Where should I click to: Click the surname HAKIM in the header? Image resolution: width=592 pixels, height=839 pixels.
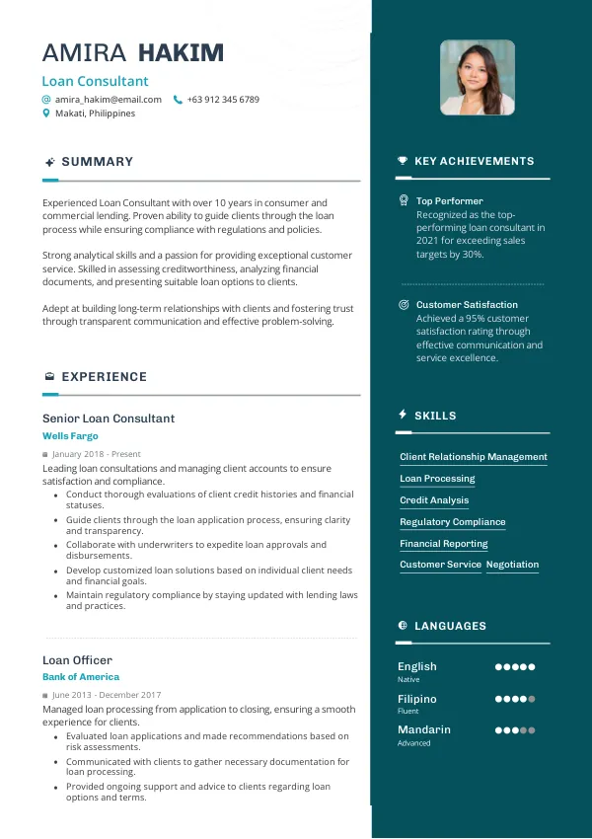point(181,53)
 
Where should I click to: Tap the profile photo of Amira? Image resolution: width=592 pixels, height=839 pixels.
point(478,77)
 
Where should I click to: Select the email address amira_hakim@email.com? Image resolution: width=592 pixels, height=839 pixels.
point(109,100)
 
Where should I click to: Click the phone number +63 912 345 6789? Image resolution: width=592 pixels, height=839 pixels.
point(223,100)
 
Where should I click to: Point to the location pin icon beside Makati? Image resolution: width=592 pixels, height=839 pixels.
point(46,114)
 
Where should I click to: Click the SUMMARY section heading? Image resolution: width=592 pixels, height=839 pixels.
point(97,162)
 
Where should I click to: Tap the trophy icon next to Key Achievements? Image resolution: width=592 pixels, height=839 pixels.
point(403,161)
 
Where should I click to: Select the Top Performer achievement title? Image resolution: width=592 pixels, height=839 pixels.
point(449,200)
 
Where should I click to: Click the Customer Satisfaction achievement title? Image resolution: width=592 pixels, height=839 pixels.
point(467,305)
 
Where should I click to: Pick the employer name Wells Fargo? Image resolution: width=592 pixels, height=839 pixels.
point(70,435)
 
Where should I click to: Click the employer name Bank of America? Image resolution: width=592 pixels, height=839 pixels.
point(81,677)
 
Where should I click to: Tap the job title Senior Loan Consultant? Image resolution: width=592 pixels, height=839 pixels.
point(109,419)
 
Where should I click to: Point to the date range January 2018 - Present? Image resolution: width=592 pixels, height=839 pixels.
point(97,454)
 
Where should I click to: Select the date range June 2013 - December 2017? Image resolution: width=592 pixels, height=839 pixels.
point(107,696)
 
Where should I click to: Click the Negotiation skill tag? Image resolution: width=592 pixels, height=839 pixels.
point(512,565)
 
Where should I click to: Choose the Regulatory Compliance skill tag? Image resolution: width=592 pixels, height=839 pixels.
point(452,522)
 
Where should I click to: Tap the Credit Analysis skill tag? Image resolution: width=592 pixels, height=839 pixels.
point(434,500)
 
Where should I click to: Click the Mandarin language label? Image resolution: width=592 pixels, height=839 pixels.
point(424,729)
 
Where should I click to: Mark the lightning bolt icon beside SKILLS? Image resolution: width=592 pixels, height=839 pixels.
point(403,415)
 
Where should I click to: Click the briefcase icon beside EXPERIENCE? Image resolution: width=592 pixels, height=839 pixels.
point(49,377)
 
